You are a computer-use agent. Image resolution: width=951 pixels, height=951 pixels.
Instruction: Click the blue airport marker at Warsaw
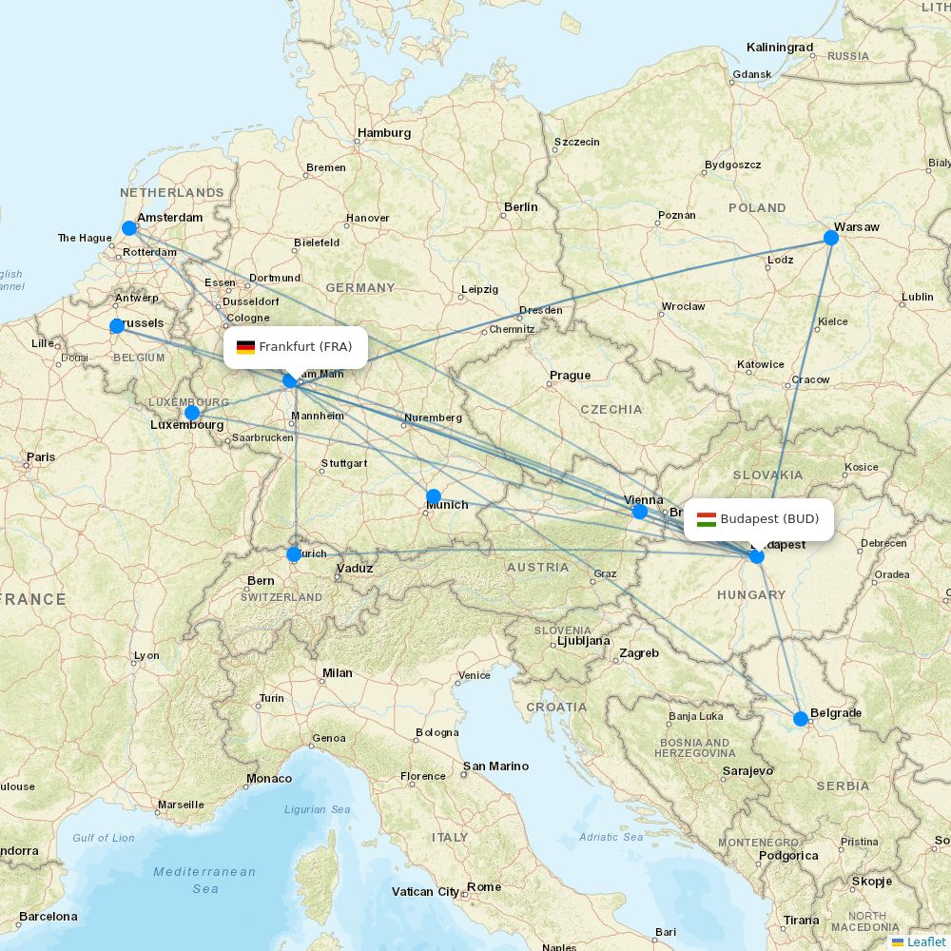[831, 237]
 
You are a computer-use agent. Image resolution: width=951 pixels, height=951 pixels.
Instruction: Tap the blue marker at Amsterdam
[129, 228]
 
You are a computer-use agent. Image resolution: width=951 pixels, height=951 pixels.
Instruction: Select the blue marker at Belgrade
[801, 718]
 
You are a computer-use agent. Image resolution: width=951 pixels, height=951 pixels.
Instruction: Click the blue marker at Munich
[434, 495]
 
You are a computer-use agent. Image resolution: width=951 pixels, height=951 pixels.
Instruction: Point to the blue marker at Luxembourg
[192, 412]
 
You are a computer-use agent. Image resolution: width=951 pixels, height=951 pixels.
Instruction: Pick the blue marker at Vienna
[640, 512]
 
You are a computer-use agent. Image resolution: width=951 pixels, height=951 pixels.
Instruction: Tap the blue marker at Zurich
[294, 553]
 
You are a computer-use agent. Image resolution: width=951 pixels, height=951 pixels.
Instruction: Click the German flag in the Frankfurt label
[245, 347]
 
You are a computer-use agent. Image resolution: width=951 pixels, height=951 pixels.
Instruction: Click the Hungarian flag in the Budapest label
[707, 519]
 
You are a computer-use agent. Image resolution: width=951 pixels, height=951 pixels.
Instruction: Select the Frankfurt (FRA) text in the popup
[305, 347]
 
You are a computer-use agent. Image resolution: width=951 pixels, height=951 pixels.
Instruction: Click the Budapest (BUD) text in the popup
[769, 519]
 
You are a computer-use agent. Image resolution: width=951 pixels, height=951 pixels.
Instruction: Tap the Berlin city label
[521, 206]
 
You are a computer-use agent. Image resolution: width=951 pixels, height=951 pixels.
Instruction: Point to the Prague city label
[570, 375]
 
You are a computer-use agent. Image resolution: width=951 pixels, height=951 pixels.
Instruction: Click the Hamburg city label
[384, 133]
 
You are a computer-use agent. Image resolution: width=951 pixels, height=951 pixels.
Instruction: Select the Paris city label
[41, 457]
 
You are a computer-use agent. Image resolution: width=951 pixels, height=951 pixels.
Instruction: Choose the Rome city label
[484, 887]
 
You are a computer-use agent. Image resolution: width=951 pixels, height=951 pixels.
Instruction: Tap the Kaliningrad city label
[780, 48]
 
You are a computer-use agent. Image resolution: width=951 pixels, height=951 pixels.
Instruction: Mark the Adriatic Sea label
[611, 837]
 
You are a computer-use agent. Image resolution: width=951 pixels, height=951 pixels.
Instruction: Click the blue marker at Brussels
[117, 326]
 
